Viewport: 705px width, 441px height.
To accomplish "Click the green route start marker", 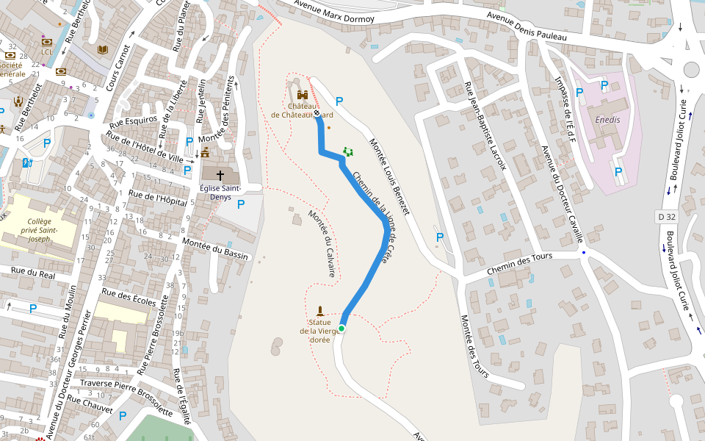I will [341, 328].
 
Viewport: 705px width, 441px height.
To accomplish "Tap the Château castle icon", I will [302, 95].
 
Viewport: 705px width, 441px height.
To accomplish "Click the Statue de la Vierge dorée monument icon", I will [319, 309].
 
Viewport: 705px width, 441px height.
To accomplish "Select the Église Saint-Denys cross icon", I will [220, 175].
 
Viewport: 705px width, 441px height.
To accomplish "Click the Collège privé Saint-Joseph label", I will [39, 229].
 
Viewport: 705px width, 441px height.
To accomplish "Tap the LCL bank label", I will [47, 52].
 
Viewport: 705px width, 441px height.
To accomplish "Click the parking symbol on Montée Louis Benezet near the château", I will [339, 101].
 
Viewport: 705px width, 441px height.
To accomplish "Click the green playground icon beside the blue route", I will [348, 151].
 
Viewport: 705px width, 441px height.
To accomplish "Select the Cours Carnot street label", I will [117, 68].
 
